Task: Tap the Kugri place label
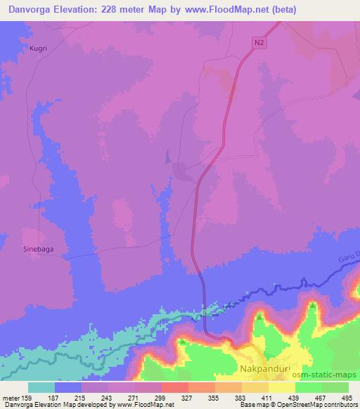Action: pos(39,48)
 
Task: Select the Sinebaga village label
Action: pos(39,249)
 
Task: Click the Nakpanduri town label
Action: pos(269,368)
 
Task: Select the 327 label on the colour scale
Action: pos(188,397)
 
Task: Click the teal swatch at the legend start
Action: pos(41,387)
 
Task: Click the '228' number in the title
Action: pos(113,9)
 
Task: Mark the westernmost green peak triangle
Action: pos(182,342)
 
